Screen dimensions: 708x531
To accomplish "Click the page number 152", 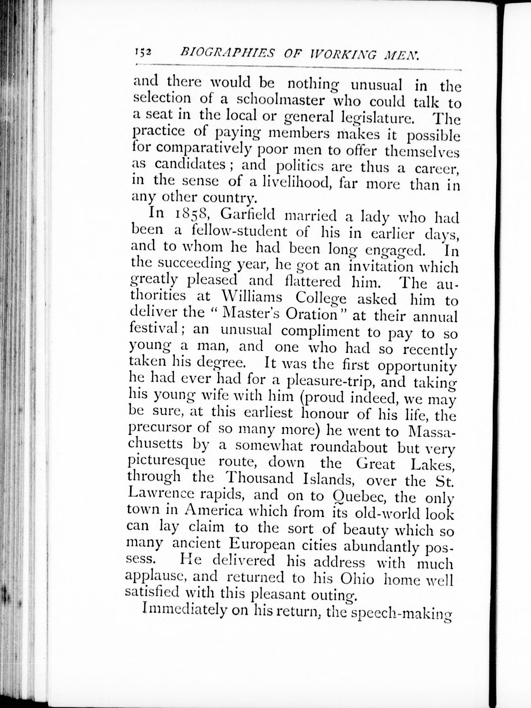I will point(142,52).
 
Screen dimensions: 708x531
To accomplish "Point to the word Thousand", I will point(259,479).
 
